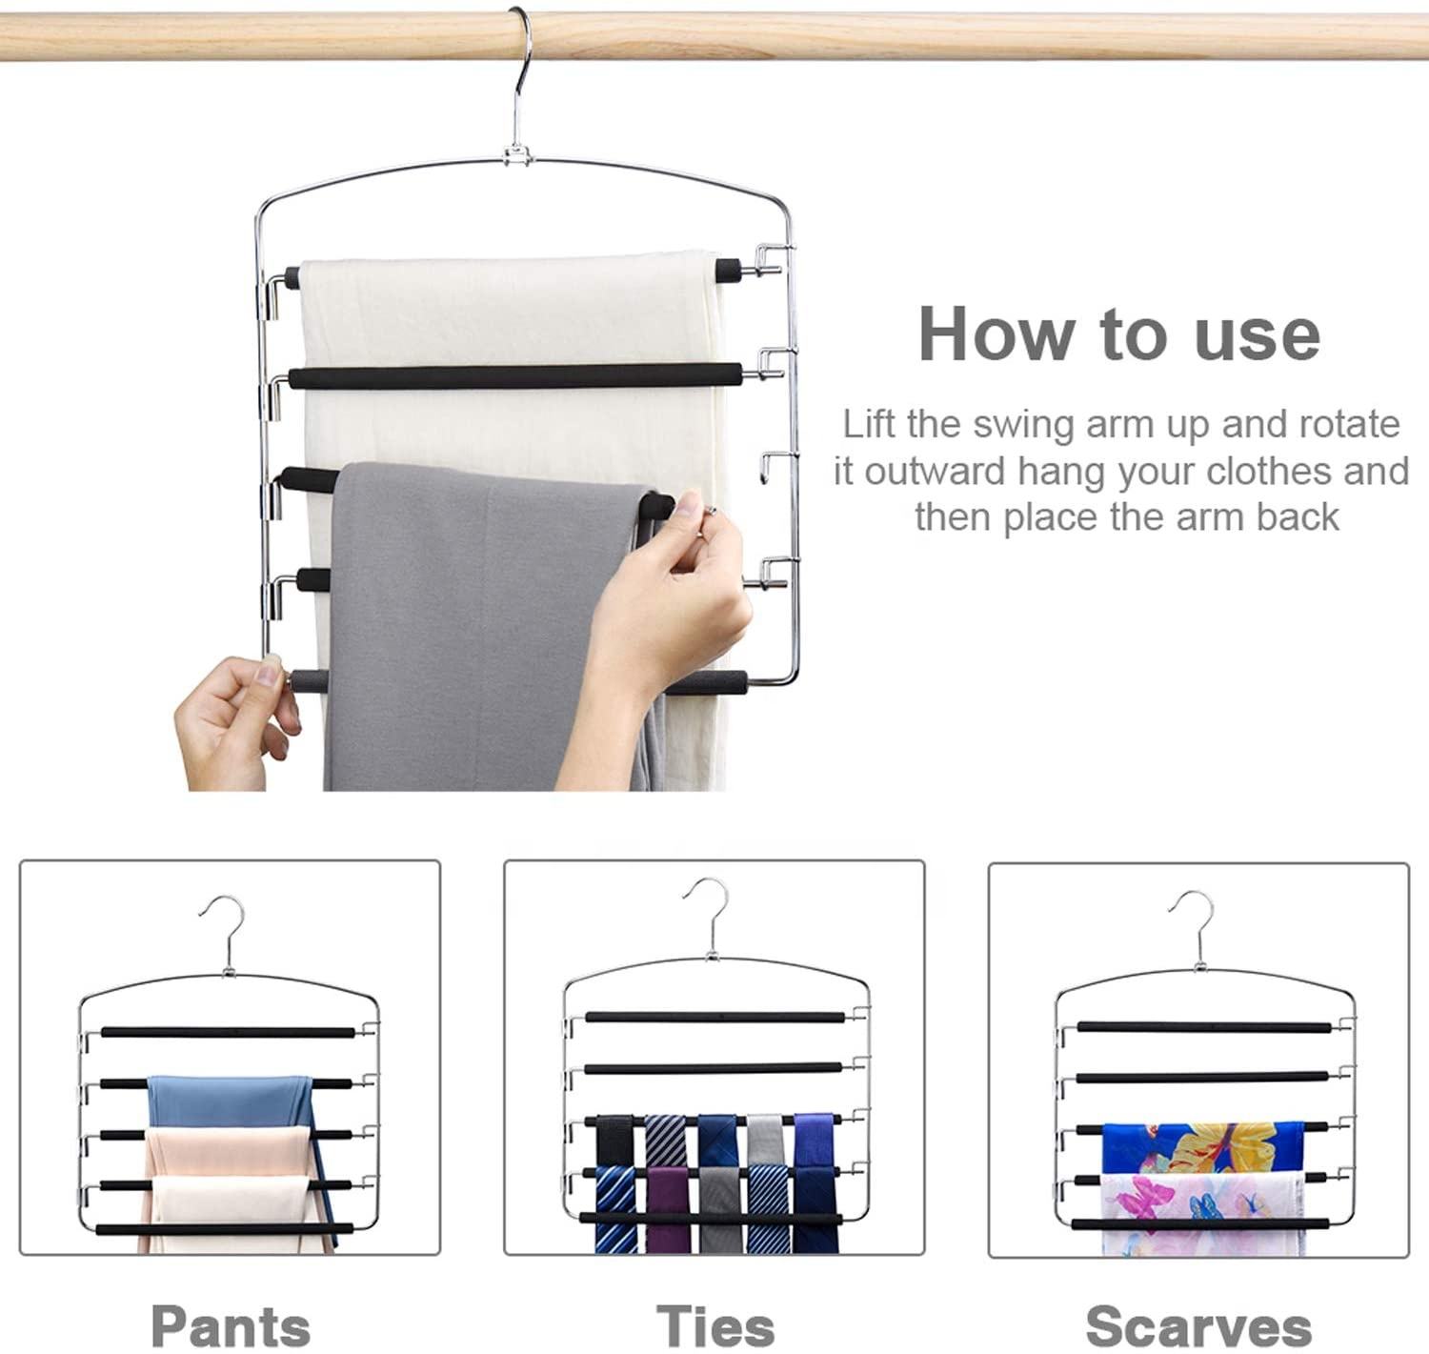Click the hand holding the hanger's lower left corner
(x=236, y=720)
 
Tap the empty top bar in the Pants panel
(x=228, y=1032)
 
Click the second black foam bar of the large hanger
(x=515, y=377)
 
